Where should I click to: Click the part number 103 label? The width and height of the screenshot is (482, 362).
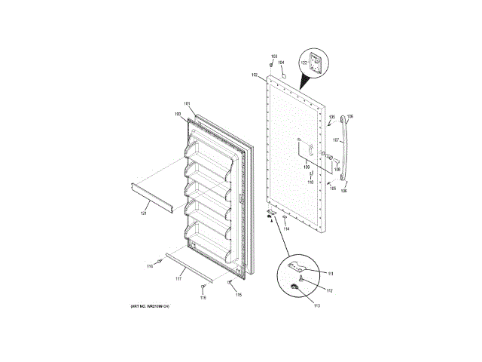(274, 57)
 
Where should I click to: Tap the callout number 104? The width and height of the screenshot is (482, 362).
(281, 63)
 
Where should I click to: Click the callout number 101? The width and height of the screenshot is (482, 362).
(187, 103)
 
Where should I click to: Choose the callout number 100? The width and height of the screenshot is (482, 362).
(178, 114)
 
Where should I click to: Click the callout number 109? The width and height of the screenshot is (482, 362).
(307, 167)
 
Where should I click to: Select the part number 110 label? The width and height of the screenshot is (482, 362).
(310, 182)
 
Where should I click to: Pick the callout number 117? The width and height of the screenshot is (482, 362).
(178, 279)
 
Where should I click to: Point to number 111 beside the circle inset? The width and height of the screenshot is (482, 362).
(329, 273)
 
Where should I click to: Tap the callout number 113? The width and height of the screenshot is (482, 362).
(316, 305)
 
